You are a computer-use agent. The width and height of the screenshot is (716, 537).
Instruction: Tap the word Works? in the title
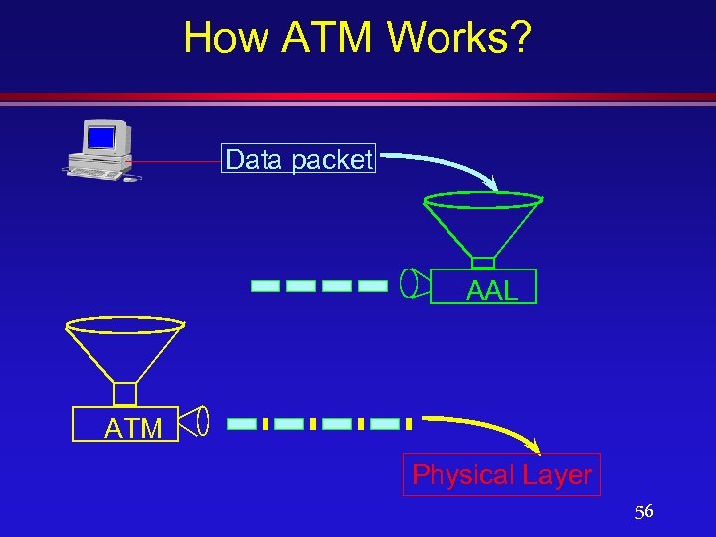(459, 38)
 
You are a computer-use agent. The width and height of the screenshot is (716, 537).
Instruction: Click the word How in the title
(228, 38)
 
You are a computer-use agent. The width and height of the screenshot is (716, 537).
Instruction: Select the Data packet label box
(298, 159)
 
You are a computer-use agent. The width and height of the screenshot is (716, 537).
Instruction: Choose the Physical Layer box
(501, 475)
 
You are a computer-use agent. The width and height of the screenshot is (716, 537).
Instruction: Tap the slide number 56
(644, 512)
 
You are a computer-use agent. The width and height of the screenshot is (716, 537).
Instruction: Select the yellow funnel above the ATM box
(124, 348)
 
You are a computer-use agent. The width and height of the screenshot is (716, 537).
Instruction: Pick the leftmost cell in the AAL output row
(266, 286)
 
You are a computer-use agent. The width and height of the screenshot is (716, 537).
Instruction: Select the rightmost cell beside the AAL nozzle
(372, 286)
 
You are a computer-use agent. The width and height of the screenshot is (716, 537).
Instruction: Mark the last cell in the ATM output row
(389, 424)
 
